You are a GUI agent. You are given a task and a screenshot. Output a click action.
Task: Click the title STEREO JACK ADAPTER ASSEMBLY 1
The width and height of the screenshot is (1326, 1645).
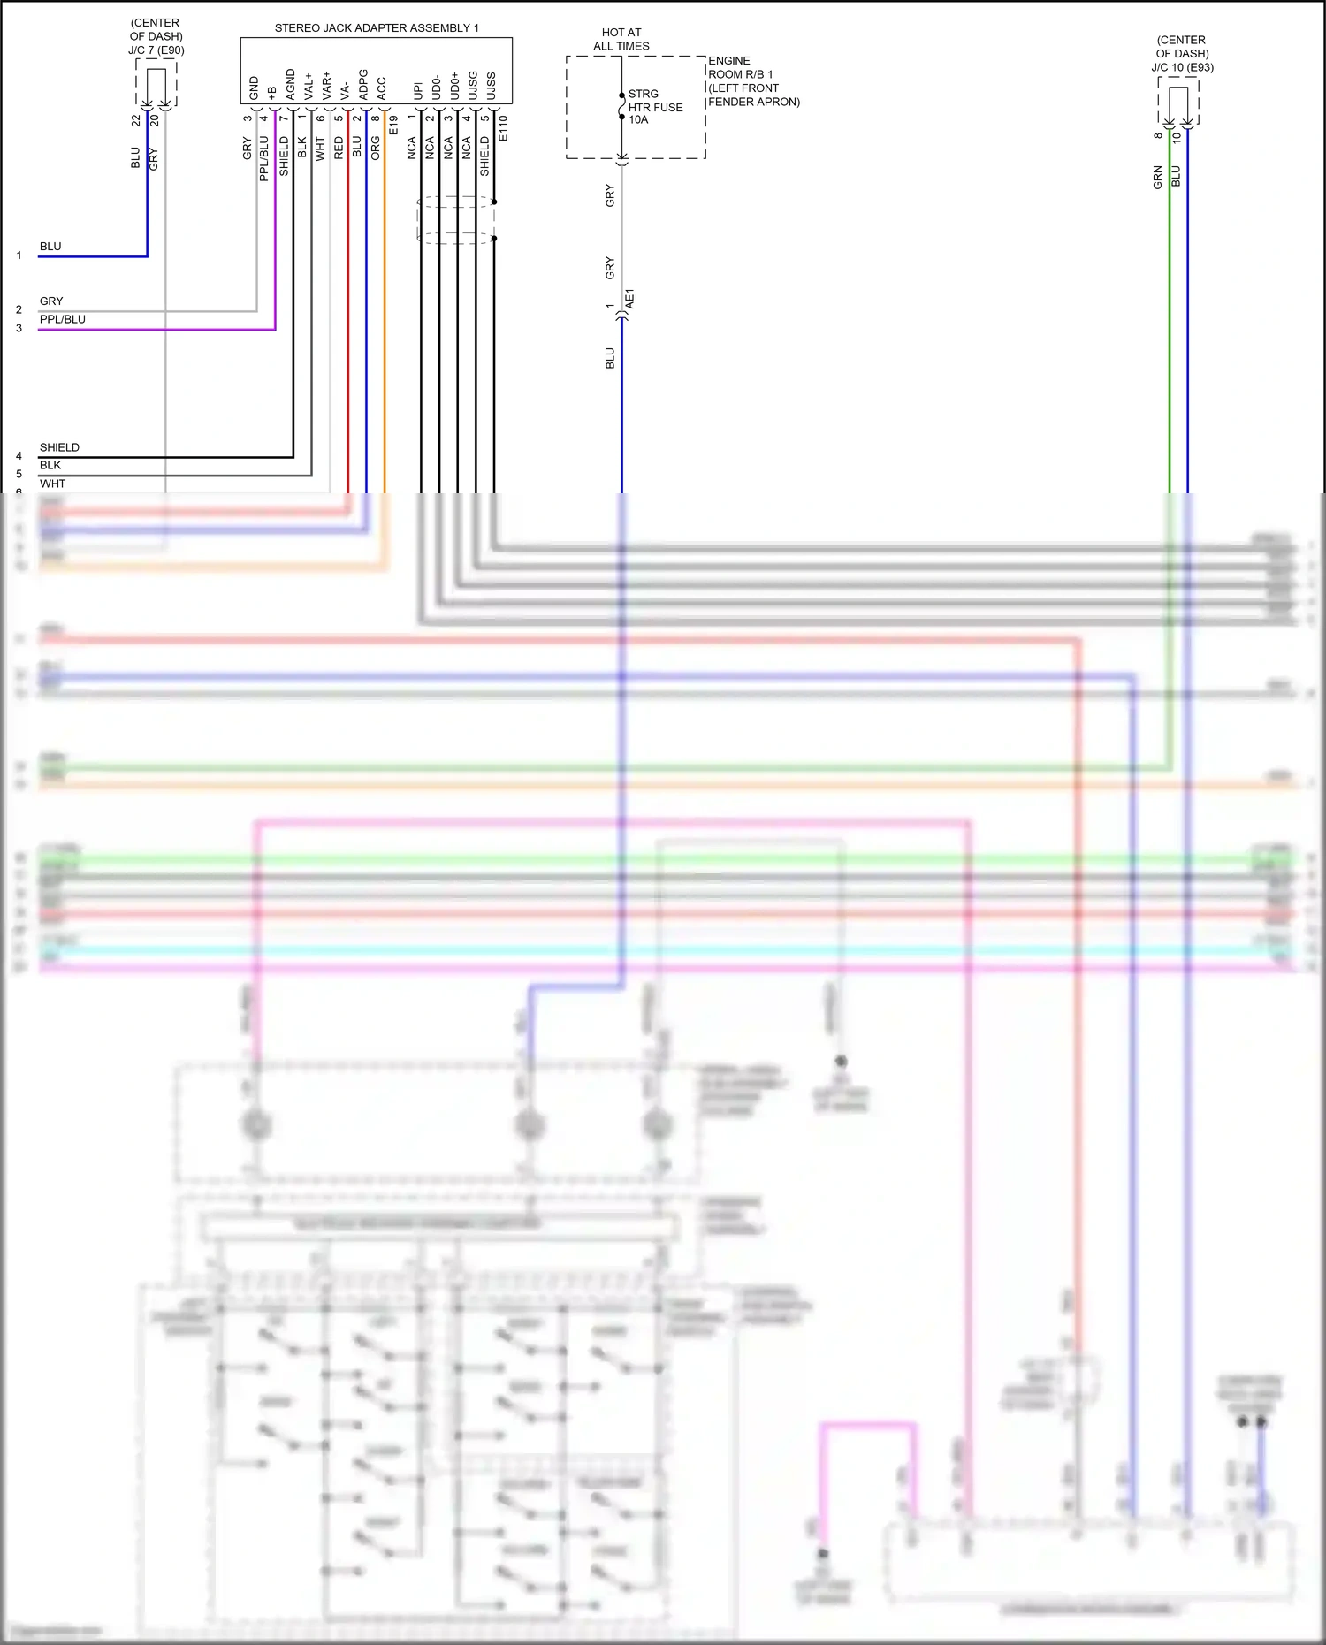(377, 28)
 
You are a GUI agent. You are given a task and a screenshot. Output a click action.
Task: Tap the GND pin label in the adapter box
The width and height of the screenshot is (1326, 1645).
(255, 88)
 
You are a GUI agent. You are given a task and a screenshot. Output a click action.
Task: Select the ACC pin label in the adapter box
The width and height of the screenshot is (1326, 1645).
(381, 88)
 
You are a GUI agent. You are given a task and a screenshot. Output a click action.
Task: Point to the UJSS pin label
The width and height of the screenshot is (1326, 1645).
(491, 86)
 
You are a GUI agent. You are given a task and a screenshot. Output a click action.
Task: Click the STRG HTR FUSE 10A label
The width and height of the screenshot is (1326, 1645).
(655, 107)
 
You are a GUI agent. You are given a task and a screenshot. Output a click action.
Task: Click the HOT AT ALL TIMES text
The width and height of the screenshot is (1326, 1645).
(621, 39)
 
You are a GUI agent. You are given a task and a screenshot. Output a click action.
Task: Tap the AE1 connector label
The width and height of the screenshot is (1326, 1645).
(630, 299)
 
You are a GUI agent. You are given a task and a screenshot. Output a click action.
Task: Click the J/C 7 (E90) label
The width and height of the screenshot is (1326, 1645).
(156, 50)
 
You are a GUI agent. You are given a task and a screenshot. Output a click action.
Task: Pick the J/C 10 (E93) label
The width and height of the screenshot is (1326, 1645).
(1182, 67)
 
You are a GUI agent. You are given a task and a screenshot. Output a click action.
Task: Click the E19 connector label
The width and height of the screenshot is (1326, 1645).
(393, 125)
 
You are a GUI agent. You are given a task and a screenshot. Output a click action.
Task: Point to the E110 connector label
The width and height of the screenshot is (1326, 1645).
(503, 127)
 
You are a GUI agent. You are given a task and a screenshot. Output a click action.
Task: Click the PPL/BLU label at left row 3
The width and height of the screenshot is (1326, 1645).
(62, 319)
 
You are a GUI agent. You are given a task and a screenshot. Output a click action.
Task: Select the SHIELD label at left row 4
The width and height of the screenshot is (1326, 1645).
(59, 447)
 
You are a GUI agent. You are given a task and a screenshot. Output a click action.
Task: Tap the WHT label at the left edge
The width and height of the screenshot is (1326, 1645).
(52, 484)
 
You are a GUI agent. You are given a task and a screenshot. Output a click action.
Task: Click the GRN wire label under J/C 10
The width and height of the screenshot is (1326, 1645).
(1157, 177)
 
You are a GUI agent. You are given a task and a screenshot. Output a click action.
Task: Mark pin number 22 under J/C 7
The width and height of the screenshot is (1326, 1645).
(136, 120)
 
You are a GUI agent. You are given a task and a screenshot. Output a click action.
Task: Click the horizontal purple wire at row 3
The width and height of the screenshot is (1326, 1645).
(159, 330)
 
